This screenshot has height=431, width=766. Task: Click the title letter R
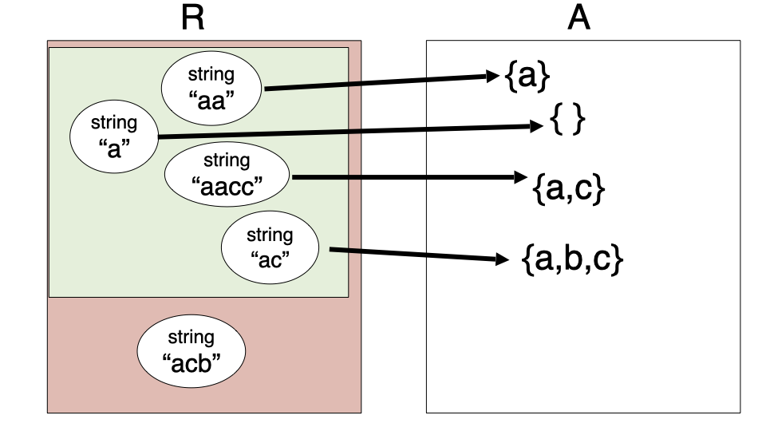coord(192,18)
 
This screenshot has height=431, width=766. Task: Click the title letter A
coord(578,18)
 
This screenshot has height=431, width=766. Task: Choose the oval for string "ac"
coord(270,247)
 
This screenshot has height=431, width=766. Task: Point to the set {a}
coord(527,76)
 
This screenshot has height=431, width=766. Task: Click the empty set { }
coord(568,121)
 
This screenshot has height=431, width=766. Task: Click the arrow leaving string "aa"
coord(375,82)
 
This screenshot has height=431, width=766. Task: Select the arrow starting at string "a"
coord(343,132)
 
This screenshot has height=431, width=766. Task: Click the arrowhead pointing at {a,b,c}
coord(502,259)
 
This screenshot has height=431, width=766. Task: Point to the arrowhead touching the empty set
coord(535,126)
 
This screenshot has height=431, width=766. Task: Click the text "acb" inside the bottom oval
coord(191,362)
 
